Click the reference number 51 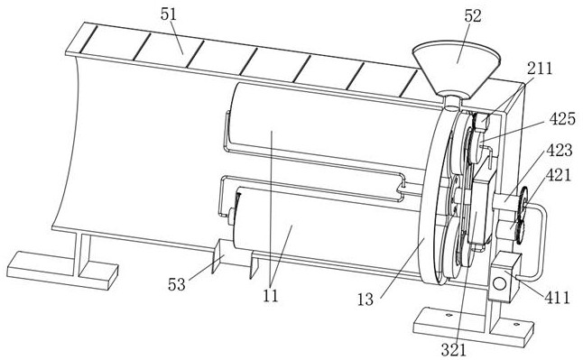coord(169,14)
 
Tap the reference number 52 coord(473,15)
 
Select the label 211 coord(540,69)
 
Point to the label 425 coord(562,118)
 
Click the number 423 coord(560,150)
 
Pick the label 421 coord(559,175)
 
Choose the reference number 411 coord(557,298)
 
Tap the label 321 coord(453,349)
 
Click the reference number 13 coord(366,300)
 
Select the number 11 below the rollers coord(271,296)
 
